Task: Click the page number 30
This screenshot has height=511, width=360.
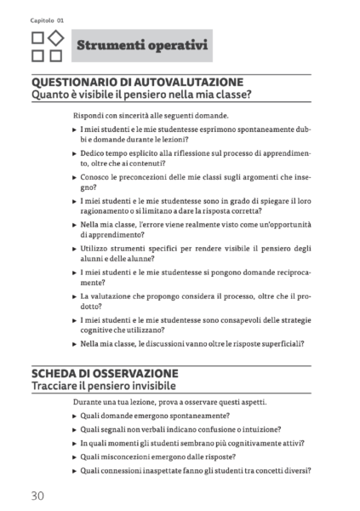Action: point(37,495)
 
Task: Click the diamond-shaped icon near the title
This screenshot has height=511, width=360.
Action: point(55,37)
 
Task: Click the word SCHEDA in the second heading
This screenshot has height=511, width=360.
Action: point(52,373)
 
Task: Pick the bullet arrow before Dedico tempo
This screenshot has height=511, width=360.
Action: point(75,153)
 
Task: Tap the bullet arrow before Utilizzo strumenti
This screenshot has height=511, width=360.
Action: point(75,249)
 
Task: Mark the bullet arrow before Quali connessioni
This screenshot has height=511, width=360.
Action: point(75,470)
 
